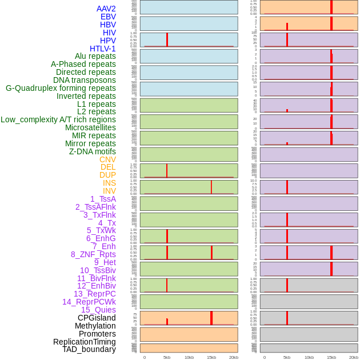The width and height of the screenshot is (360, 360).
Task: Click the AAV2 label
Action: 106,9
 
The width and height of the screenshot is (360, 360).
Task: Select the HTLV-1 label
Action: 103,49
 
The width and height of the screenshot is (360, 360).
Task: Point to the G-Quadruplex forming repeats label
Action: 61,88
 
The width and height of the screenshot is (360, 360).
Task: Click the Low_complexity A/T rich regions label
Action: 58,119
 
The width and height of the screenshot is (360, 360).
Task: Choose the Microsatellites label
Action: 90,127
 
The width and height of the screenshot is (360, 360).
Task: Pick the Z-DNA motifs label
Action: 93,151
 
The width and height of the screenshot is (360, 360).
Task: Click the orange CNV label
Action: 107,159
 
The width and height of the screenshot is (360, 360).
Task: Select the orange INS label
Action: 109,183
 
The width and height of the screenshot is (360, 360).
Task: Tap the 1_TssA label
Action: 103,199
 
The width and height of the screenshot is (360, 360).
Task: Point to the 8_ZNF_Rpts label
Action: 93,254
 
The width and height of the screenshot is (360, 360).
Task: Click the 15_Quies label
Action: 98,310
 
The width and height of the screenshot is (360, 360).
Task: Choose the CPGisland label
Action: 97,318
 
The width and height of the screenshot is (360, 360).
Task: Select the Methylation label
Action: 95,326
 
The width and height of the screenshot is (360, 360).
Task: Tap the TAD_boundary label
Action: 89,349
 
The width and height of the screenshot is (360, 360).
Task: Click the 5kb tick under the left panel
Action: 167,357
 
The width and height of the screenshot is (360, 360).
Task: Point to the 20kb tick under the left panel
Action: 234,357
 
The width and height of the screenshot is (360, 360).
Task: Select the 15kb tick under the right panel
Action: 331,357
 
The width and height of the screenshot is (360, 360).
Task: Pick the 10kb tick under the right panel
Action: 309,357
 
